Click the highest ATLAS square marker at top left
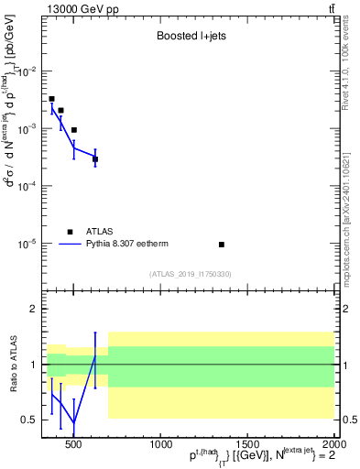coord(51,99)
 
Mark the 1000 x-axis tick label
coord(159,443)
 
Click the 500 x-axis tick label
coord(74,443)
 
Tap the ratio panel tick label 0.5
coord(29,420)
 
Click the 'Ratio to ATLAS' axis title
coord(12,364)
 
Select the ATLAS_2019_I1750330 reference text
coord(191,274)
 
